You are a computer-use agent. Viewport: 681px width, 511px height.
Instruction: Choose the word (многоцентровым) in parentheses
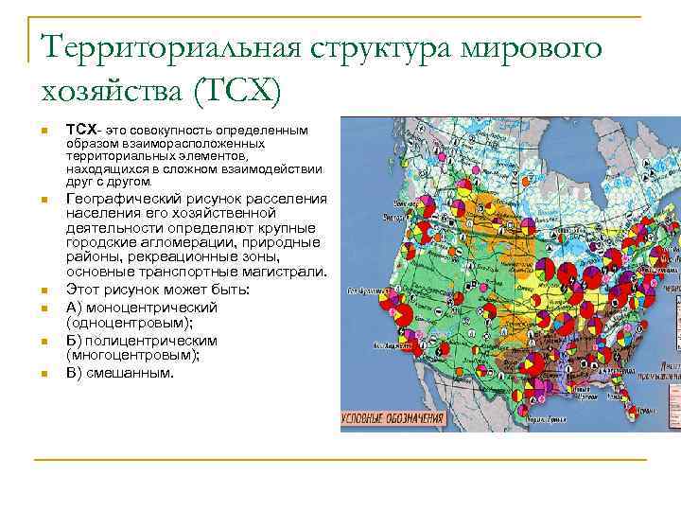tap(126, 354)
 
